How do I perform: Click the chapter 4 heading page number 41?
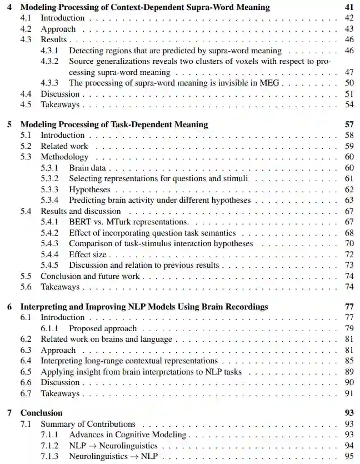tap(348, 8)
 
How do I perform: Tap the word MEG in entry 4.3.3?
tap(273, 83)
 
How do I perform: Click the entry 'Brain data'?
tap(87, 168)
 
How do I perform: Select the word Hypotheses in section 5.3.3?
tap(90, 189)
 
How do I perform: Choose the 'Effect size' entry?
tap(88, 255)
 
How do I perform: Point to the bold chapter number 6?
tap(9, 307)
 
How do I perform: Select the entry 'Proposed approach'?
tap(102, 328)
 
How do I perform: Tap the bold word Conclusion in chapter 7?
tap(41, 413)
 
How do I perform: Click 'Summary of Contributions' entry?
tap(88, 424)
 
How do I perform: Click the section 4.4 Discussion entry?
tap(60, 94)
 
